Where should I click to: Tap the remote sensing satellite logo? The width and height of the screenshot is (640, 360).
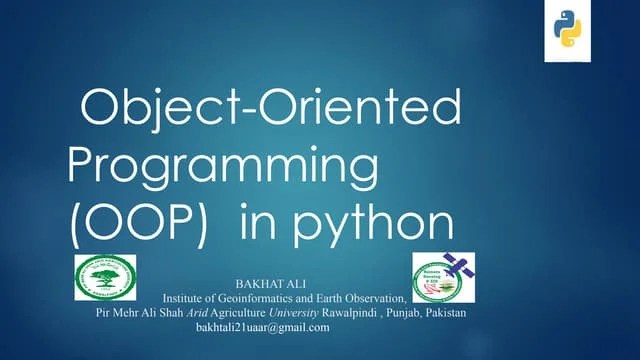(444, 277)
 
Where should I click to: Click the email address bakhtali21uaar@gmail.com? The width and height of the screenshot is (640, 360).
(262, 327)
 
